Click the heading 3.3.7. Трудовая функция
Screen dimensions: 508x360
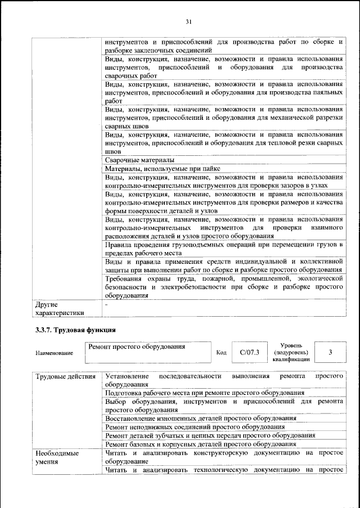(73, 329)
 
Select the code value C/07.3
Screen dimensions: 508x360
(249, 352)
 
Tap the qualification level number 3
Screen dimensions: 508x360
(330, 352)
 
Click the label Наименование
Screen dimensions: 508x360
(54, 353)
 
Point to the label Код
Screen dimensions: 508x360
(221, 353)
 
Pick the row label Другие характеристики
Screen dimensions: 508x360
(59, 309)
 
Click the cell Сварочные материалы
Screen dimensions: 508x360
(136, 160)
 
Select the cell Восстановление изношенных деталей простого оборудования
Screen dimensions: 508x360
(200, 419)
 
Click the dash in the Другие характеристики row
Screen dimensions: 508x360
(106, 304)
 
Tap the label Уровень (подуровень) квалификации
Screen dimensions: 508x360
(291, 352)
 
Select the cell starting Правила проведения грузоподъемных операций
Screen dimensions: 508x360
(223, 250)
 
